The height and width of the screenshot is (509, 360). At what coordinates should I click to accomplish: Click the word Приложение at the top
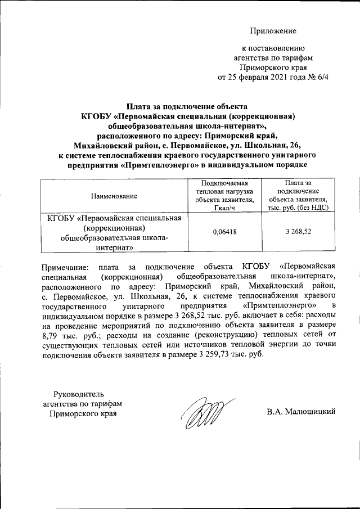[x=273, y=30]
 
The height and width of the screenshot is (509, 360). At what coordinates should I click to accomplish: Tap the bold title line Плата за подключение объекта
[x=186, y=106]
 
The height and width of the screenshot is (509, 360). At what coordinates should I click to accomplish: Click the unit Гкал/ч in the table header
[x=224, y=208]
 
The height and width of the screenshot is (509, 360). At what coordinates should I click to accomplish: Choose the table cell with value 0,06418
[x=224, y=231]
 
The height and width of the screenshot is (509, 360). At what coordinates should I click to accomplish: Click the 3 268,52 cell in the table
[x=298, y=231]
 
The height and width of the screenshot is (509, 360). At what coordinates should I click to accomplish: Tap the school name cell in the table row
[x=114, y=232]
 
